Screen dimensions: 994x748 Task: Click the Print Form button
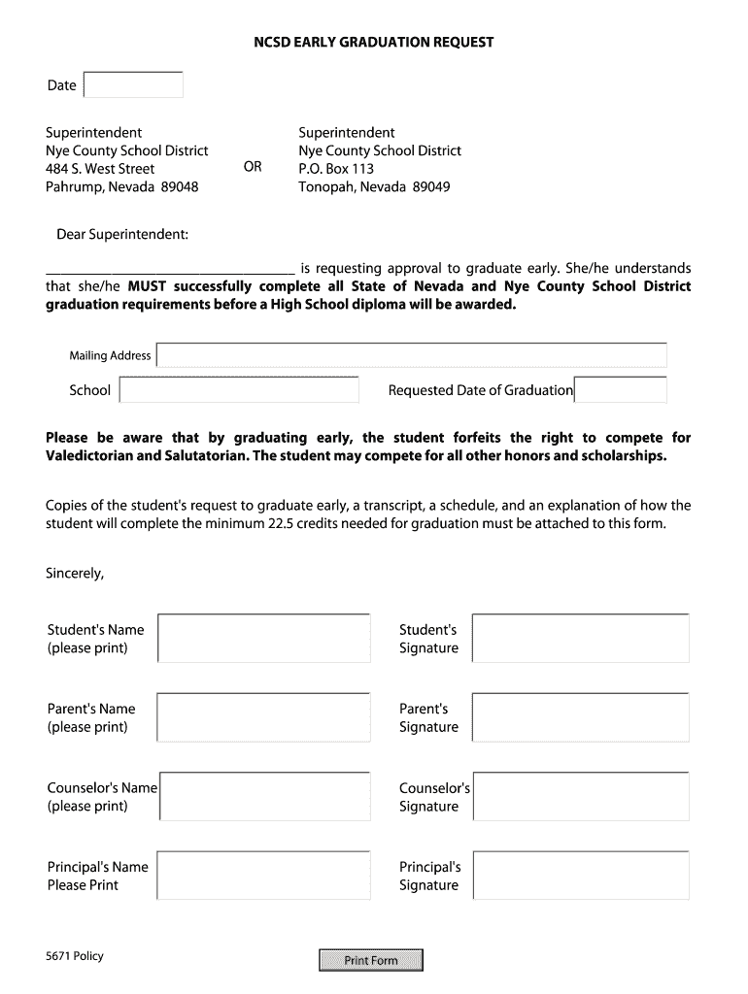tap(371, 960)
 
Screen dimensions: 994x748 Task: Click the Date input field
tap(134, 85)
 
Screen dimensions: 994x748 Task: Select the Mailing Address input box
tap(412, 355)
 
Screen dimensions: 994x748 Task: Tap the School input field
tap(239, 390)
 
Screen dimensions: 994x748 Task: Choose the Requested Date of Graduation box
tap(621, 390)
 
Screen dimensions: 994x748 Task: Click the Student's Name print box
tap(263, 639)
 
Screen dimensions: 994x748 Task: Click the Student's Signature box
tap(581, 639)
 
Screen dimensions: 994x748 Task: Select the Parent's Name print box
tap(263, 717)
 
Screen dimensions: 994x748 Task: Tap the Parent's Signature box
tap(581, 717)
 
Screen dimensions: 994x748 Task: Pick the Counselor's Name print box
tap(263, 797)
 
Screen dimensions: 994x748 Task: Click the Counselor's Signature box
tap(581, 797)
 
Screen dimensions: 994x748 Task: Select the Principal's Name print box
tap(263, 876)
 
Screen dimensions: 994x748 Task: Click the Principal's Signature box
tap(581, 876)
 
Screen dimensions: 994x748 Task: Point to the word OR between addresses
tap(253, 167)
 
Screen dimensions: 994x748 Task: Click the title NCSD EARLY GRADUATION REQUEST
tap(374, 43)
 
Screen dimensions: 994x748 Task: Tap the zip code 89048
tap(180, 186)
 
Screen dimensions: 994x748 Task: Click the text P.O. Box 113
tap(336, 168)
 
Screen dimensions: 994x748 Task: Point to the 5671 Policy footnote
tap(75, 956)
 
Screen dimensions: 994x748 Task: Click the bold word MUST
tap(148, 286)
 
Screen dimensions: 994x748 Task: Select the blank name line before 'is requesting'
tap(170, 269)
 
